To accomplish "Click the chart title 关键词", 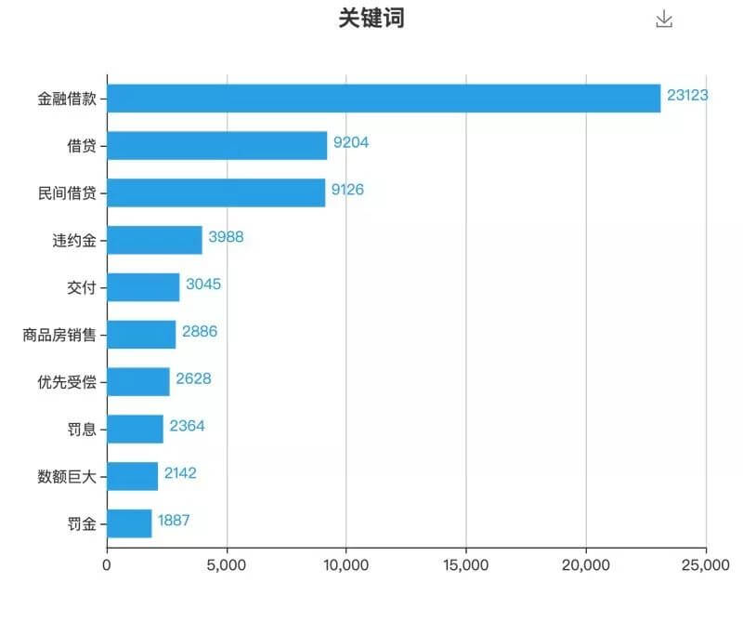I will (x=371, y=19).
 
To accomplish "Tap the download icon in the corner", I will (x=664, y=20).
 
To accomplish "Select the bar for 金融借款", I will (x=384, y=98).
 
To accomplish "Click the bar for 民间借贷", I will (x=216, y=192).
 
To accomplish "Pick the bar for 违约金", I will (x=154, y=240).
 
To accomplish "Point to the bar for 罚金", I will (x=129, y=523).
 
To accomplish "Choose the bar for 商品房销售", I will (x=141, y=334).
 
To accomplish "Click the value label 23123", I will (x=687, y=95).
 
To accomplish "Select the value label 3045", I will (x=203, y=285).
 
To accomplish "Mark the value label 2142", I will (x=180, y=473).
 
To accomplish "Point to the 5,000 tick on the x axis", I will (x=227, y=564).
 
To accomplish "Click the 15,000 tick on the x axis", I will (x=466, y=564).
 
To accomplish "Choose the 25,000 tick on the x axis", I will (x=706, y=564).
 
